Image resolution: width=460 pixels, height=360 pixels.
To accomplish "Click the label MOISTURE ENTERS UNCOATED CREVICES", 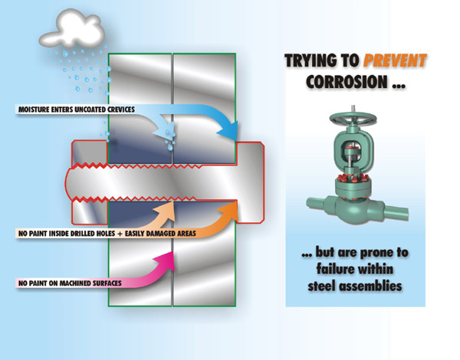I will tap(77, 110).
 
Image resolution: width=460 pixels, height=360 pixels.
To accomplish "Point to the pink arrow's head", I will tap(174, 259).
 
